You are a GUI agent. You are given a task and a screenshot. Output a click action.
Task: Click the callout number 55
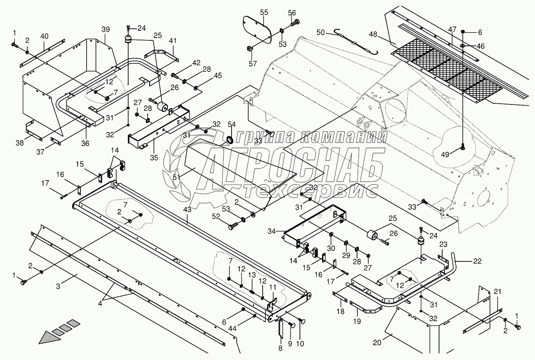tap(264, 12)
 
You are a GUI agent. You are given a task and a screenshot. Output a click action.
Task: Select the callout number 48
tap(373, 34)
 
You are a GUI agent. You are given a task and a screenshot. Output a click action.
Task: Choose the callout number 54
tap(232, 124)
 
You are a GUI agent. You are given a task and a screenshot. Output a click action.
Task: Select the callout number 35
tap(154, 158)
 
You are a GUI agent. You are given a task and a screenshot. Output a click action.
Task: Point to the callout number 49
tap(444, 155)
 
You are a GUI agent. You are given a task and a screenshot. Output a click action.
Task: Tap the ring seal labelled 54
tap(229, 139)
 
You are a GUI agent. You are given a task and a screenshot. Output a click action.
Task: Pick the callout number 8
tap(280, 348)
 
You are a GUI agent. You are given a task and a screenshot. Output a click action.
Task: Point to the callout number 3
tap(58, 287)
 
